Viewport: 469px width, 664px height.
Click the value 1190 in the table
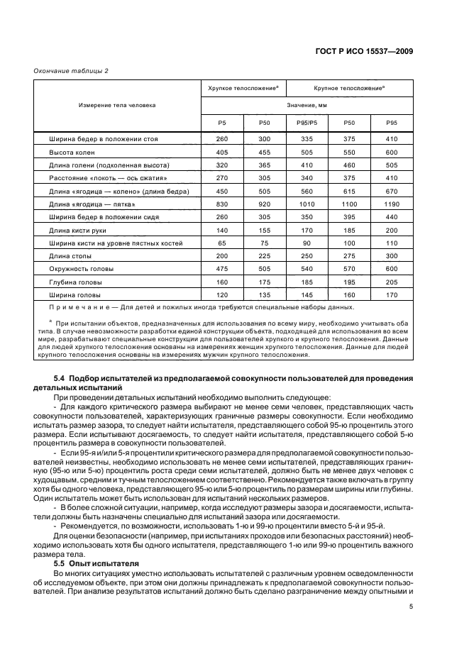click(390, 204)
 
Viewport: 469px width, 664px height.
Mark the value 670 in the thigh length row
click(390, 192)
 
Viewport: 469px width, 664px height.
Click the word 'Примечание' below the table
click(72, 307)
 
